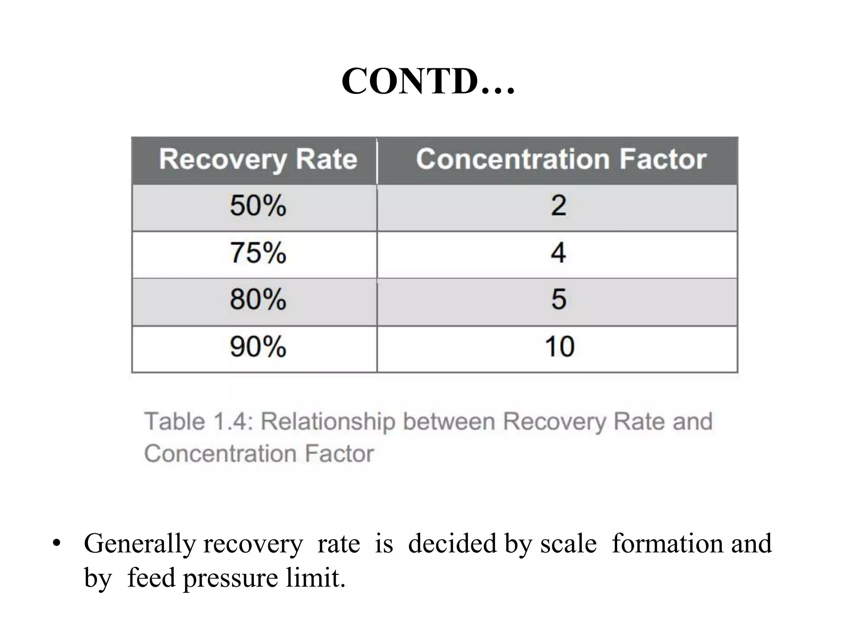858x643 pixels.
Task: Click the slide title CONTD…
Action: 428,82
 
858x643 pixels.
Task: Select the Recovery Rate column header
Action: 258,160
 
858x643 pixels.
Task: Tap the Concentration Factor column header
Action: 561,160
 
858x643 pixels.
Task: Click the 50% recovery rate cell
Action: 258,206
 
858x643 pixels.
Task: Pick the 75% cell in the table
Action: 258,253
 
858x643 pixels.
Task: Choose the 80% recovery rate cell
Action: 258,300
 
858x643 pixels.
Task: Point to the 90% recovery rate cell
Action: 258,347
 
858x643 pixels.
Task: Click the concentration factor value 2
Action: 558,206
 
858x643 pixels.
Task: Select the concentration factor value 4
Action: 558,253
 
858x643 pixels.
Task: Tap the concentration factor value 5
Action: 558,300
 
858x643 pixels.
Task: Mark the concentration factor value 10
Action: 559,347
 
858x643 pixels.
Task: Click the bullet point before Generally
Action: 57,544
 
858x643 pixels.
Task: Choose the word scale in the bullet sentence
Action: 569,544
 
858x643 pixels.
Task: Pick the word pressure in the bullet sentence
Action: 230,579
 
